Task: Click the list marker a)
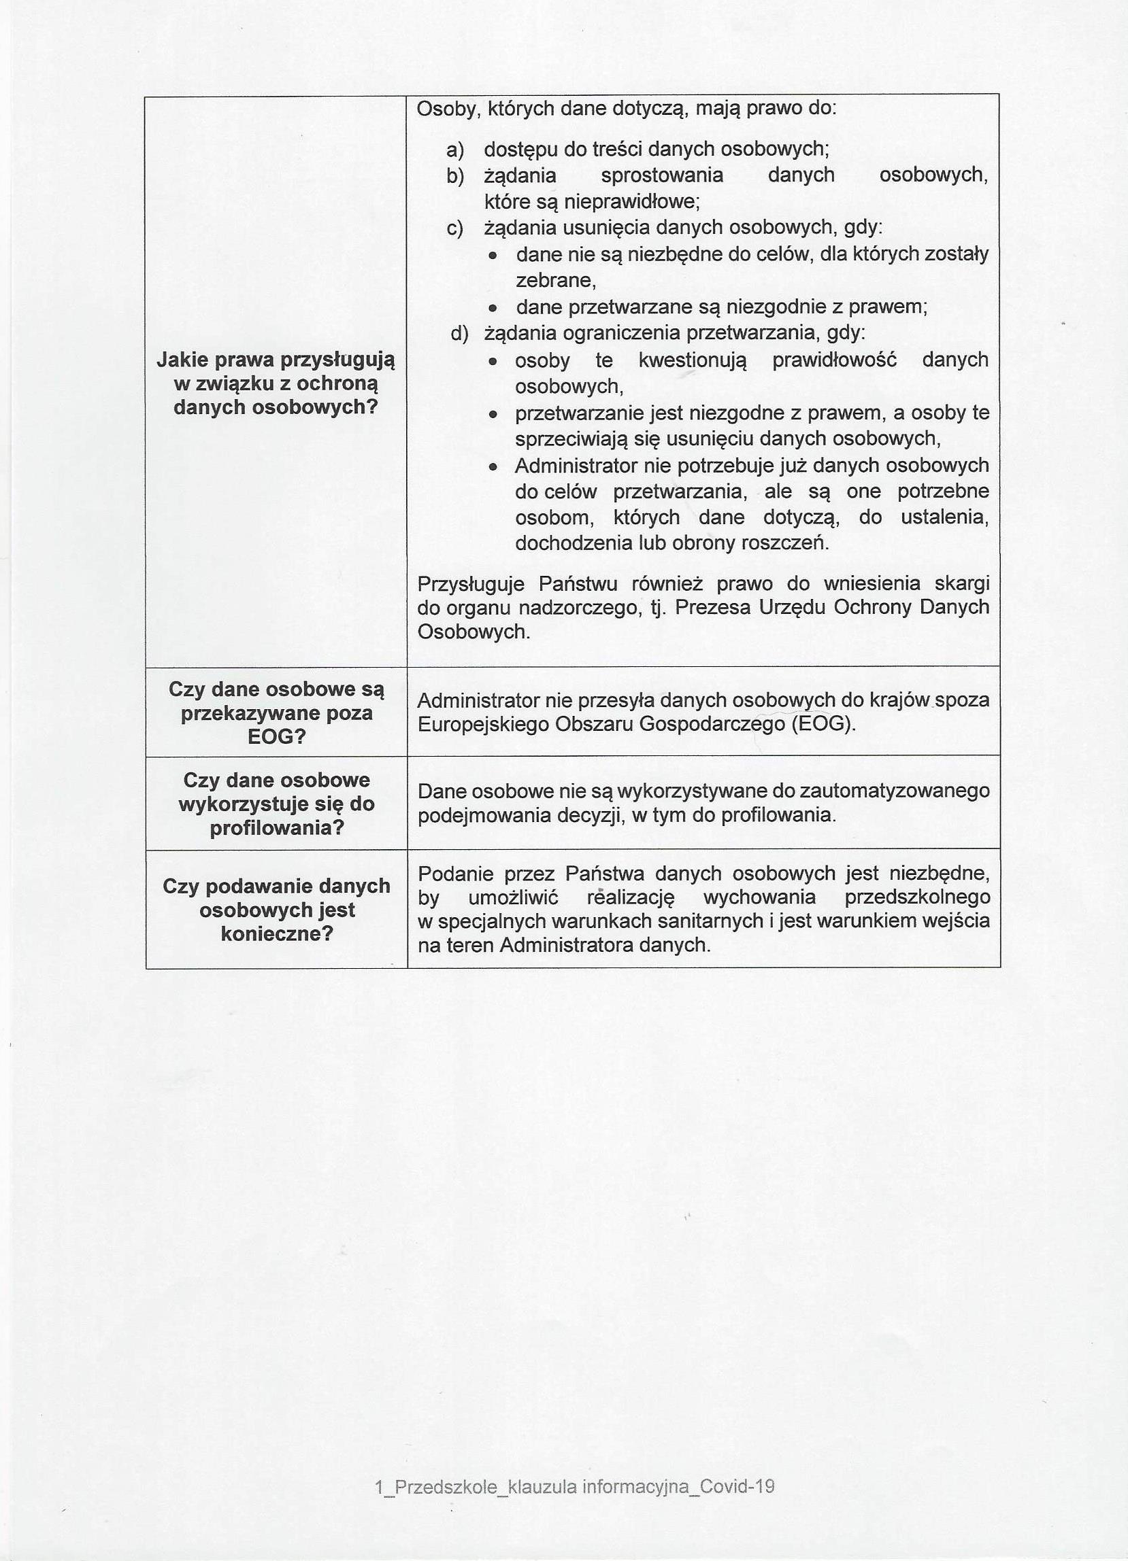click(455, 150)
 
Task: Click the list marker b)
click(455, 176)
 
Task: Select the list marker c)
click(455, 228)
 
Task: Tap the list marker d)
click(459, 334)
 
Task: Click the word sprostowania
click(662, 175)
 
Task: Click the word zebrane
click(555, 281)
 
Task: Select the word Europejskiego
click(478, 724)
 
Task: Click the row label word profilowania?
click(277, 827)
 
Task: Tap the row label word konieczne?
click(277, 934)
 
